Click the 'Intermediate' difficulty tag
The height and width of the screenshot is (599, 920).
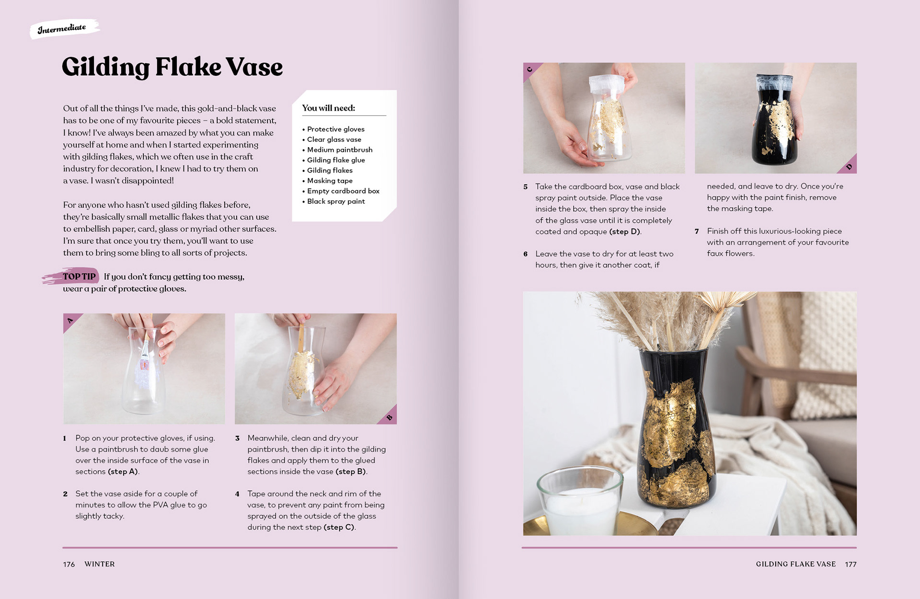62,29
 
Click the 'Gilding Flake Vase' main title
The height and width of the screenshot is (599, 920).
172,67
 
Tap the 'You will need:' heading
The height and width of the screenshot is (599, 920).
329,108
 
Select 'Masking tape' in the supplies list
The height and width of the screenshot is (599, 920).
330,181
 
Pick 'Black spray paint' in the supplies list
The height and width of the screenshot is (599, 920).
336,201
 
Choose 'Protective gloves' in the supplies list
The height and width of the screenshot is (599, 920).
336,129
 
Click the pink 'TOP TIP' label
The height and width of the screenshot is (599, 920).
79,276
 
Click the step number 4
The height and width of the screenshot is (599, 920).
237,494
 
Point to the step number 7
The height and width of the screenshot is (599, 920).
697,231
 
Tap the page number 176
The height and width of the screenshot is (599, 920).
69,564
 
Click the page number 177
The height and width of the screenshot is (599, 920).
851,564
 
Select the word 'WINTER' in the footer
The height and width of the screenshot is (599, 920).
100,564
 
